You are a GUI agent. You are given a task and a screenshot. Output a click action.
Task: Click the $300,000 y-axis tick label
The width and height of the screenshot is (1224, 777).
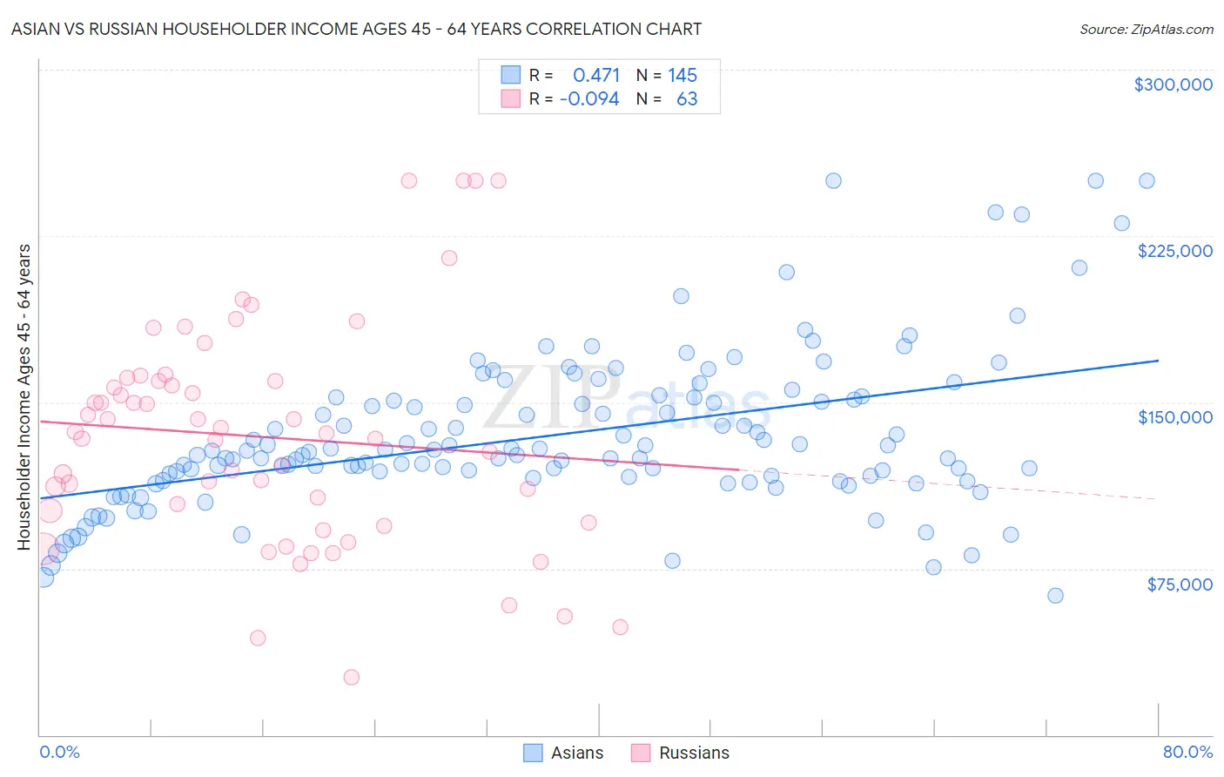click(x=1173, y=84)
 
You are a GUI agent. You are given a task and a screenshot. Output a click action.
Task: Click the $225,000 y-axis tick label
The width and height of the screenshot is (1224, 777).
click(x=1174, y=251)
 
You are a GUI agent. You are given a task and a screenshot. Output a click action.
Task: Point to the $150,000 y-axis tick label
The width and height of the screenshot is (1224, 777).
click(x=1174, y=417)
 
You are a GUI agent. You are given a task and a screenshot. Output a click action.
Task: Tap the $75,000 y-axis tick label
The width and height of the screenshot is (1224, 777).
click(x=1179, y=584)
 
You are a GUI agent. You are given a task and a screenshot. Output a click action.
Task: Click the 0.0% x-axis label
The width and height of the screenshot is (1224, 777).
click(x=59, y=752)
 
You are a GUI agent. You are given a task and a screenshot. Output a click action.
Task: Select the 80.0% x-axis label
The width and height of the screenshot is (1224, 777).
click(x=1187, y=752)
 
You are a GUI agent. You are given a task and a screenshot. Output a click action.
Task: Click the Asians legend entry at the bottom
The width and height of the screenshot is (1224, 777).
click(x=563, y=753)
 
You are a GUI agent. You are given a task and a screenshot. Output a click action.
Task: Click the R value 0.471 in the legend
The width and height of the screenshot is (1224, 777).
click(x=596, y=76)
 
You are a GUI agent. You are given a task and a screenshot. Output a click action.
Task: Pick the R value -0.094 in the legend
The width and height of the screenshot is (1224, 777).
click(x=589, y=99)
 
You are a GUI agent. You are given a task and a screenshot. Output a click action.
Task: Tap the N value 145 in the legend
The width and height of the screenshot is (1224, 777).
click(x=683, y=76)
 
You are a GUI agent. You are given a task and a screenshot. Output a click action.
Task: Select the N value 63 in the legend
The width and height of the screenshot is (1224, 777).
click(x=687, y=99)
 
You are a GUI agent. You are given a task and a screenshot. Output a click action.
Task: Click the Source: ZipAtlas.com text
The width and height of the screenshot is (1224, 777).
click(x=1146, y=30)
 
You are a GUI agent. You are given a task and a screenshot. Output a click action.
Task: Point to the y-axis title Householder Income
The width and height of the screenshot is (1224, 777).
click(x=24, y=396)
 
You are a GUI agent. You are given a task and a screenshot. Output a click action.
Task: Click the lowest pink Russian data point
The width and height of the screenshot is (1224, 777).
click(x=351, y=677)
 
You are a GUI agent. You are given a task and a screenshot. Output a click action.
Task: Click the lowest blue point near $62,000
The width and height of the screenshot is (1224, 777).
click(x=1055, y=596)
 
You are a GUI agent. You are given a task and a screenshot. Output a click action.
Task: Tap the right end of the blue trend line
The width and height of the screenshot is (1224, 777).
click(x=1158, y=361)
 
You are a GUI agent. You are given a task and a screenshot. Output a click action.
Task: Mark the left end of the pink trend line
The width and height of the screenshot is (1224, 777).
click(x=41, y=422)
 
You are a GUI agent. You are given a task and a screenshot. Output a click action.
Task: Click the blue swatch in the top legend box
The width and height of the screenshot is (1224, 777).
click(x=510, y=76)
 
